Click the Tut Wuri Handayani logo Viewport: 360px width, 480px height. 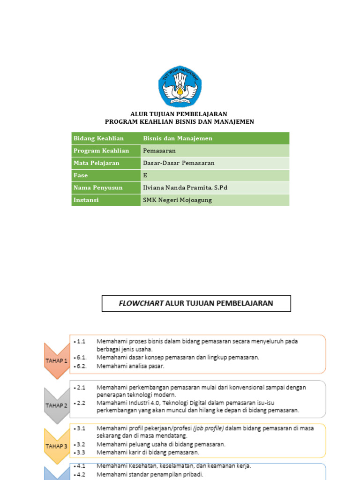[180, 86]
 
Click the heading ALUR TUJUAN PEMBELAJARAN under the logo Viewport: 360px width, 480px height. [179, 114]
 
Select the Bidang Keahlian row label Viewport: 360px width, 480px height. [98, 138]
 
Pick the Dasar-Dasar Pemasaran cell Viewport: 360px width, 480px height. [178, 163]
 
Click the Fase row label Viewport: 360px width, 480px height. [80, 175]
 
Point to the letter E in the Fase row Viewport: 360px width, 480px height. [145, 175]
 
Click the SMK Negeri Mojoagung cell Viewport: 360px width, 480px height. [177, 200]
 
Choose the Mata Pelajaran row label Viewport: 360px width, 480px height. [96, 163]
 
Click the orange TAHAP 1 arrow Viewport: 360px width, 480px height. [56, 360]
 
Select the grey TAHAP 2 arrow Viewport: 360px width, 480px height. [56, 405]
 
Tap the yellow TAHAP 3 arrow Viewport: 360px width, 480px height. [56, 446]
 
